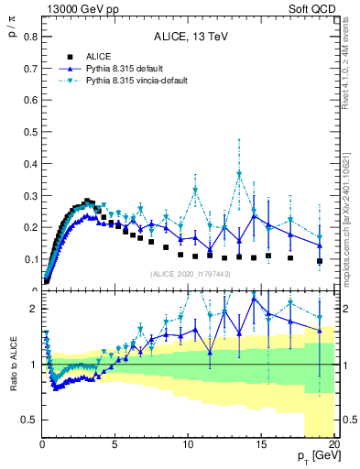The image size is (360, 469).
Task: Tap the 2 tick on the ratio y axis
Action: (x=33, y=309)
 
